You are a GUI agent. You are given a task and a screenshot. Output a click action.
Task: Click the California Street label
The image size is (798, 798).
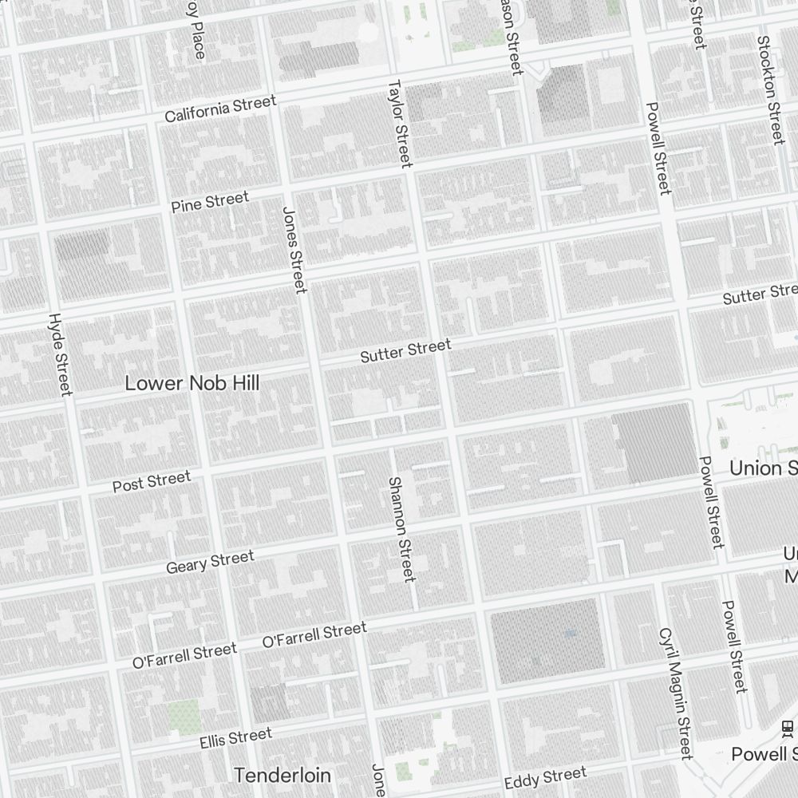220,109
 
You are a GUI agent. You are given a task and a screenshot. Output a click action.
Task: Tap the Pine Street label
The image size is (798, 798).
210,202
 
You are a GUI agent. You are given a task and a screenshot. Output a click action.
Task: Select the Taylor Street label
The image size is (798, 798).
399,123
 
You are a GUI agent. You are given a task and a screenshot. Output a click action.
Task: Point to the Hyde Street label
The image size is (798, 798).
60,354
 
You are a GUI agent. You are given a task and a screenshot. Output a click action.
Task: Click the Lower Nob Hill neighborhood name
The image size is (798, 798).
192,383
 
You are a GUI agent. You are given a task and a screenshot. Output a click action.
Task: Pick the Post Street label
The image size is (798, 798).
152,482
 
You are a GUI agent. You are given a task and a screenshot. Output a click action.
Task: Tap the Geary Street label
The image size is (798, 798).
210,562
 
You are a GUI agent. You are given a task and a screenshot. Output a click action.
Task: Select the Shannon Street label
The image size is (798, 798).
401,529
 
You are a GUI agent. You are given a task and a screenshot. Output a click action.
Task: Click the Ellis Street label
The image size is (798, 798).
235,738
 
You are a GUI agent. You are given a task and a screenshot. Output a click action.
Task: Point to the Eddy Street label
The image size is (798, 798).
545,776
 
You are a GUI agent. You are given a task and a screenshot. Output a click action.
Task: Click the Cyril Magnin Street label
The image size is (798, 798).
675,693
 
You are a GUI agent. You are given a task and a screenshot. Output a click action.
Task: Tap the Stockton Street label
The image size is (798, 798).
771,89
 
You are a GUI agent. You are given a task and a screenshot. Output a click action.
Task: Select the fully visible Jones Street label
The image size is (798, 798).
294,249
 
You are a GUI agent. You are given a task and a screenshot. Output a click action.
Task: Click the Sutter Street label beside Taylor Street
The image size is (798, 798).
405,350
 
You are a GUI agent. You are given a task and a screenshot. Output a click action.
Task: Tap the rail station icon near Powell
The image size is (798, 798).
788,726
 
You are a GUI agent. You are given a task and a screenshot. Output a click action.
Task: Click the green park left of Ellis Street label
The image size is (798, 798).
184,716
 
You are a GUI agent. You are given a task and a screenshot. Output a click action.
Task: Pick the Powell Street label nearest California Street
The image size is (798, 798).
658,148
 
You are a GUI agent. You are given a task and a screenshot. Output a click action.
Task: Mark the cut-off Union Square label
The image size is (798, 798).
763,468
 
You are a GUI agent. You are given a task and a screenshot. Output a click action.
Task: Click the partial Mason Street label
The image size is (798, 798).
511,36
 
